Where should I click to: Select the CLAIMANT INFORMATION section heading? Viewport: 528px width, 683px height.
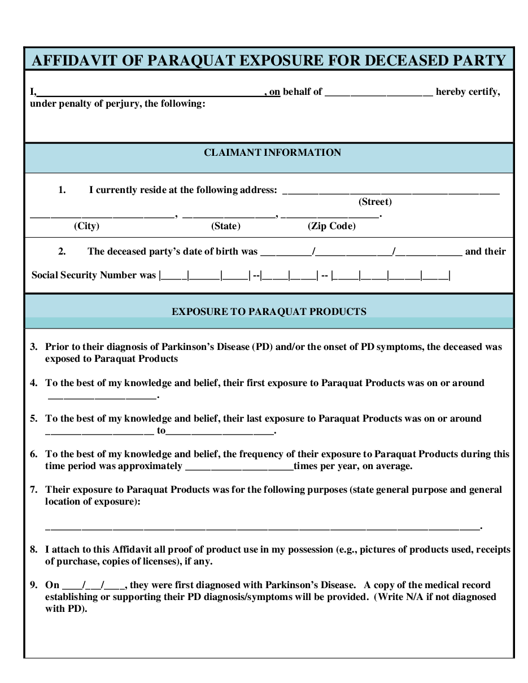pyautogui.click(x=272, y=152)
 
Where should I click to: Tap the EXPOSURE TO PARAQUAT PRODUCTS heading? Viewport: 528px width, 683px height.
pyautogui.click(x=269, y=312)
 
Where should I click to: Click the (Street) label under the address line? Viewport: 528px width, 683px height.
pyautogui.click(x=375, y=202)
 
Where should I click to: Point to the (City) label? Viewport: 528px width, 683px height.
pyautogui.click(x=86, y=226)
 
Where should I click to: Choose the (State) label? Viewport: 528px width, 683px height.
pyautogui.click(x=226, y=226)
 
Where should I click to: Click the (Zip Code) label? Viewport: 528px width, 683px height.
pyautogui.click(x=331, y=226)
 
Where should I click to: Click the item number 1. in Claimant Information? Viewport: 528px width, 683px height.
pyautogui.click(x=62, y=190)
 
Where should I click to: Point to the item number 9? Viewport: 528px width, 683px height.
pyautogui.click(x=34, y=585)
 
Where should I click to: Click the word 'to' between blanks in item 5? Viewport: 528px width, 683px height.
pyautogui.click(x=162, y=431)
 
